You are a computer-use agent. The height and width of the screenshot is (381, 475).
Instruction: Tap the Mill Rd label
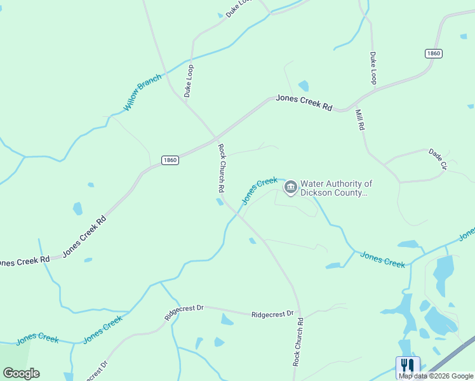click(x=360, y=119)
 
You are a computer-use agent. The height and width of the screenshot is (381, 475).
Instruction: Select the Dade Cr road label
click(x=438, y=159)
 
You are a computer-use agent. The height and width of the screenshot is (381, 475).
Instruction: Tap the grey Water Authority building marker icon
click(x=291, y=187)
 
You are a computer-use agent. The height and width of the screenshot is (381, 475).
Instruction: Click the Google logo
click(x=21, y=373)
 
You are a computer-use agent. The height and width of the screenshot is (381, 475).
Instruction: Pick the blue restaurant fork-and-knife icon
click(x=407, y=366)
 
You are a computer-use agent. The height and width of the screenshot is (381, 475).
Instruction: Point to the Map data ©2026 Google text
click(x=435, y=375)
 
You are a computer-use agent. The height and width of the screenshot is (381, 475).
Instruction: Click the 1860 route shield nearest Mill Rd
click(x=433, y=53)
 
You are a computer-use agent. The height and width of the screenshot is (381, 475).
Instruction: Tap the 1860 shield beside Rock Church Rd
click(x=170, y=159)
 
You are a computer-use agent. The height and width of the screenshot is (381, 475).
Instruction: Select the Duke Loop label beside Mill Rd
click(x=373, y=68)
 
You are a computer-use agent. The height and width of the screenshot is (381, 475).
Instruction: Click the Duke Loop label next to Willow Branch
click(x=189, y=81)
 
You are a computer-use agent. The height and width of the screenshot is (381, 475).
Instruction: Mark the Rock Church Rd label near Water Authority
click(x=221, y=168)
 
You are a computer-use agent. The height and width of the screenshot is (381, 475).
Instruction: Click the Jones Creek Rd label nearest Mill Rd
click(x=304, y=103)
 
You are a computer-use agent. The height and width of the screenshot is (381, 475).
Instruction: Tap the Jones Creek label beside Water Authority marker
click(x=260, y=190)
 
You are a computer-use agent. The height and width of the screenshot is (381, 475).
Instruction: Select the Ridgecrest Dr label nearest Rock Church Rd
click(x=273, y=314)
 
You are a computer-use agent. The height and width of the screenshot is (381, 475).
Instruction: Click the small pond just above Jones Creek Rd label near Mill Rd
click(x=304, y=86)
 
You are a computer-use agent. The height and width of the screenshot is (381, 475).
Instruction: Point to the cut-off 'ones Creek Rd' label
click(x=24, y=260)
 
